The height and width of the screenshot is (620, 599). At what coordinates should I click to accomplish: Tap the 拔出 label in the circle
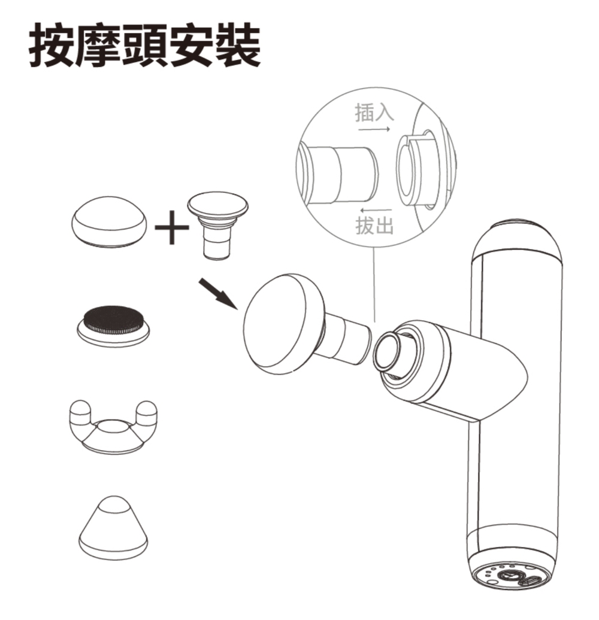[x=374, y=226]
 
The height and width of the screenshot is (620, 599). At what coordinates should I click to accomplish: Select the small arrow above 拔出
[x=376, y=209]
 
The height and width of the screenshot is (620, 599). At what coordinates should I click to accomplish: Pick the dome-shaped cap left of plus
[x=108, y=222]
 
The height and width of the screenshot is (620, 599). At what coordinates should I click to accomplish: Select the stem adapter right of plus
[x=217, y=225]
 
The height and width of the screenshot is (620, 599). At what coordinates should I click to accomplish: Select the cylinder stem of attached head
[x=347, y=340]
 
